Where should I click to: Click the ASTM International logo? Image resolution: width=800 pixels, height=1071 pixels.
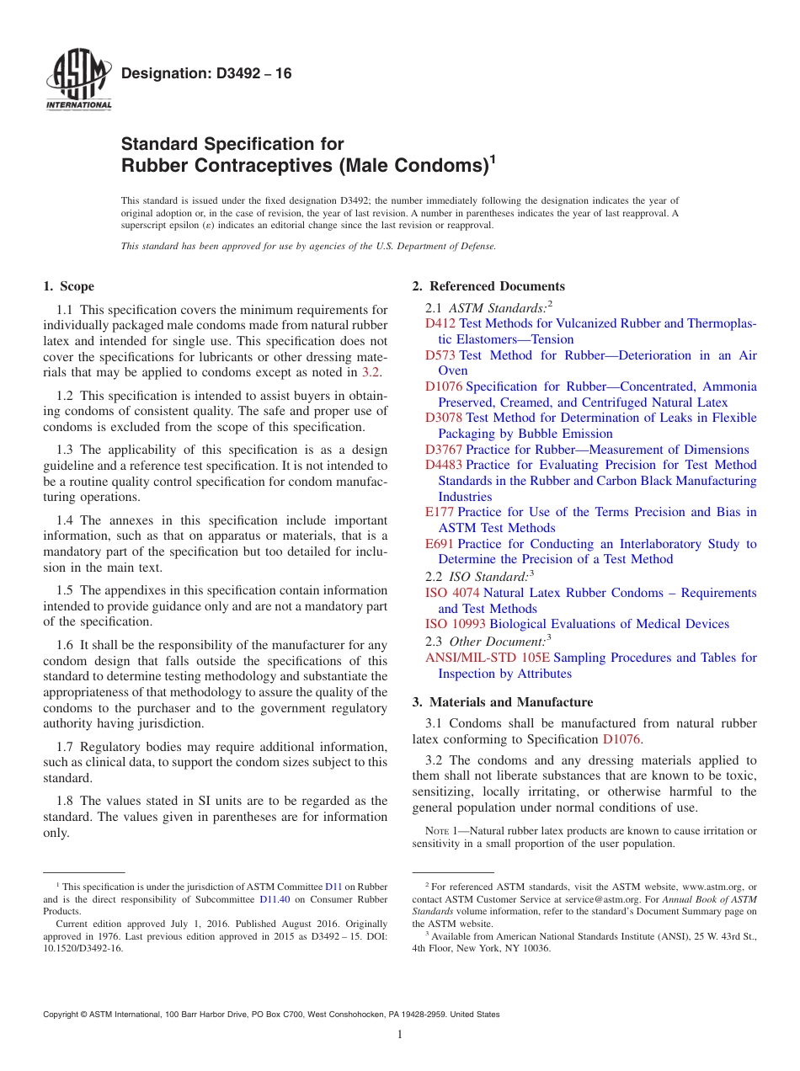coord(78,81)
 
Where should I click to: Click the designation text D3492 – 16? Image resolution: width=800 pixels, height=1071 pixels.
coord(206,74)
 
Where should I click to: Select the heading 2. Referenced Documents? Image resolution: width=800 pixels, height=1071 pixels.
coord(488,286)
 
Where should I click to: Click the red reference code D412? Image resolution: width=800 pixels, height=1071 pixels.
coord(440,323)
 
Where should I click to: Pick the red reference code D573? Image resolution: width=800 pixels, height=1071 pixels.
coord(440,355)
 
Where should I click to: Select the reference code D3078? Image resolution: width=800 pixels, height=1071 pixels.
coord(443,418)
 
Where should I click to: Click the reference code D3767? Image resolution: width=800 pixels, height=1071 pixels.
coord(443,450)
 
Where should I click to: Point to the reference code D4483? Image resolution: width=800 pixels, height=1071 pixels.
coord(443,465)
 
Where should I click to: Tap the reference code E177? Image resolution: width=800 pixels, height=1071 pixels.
coord(440,512)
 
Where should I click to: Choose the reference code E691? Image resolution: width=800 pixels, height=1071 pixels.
coord(440,544)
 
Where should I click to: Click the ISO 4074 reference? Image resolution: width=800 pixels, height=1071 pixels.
coord(452,593)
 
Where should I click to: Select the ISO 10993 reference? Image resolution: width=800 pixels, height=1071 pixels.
coord(456,624)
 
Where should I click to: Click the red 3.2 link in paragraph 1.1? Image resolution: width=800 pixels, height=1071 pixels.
coord(371,372)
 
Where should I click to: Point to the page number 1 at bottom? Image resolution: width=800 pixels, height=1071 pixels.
coord(400,1035)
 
